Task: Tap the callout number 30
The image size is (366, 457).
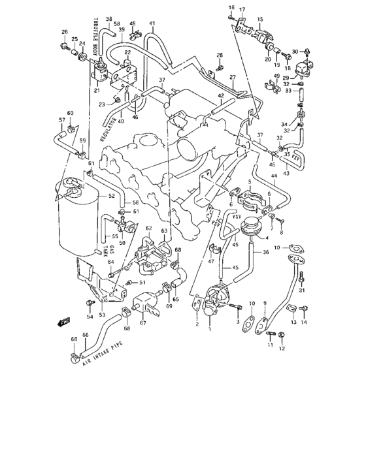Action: point(295,51)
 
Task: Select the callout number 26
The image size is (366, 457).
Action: point(65,32)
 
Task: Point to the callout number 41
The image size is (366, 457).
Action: point(152,24)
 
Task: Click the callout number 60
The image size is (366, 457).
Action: point(70,114)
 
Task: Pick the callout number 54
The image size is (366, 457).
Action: point(90,317)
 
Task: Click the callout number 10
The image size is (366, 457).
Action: point(276,247)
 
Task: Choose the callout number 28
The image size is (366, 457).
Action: point(220,55)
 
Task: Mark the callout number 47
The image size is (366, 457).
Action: point(211,261)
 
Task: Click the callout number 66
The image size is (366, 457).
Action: point(85,335)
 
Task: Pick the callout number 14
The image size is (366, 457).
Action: point(303,323)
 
